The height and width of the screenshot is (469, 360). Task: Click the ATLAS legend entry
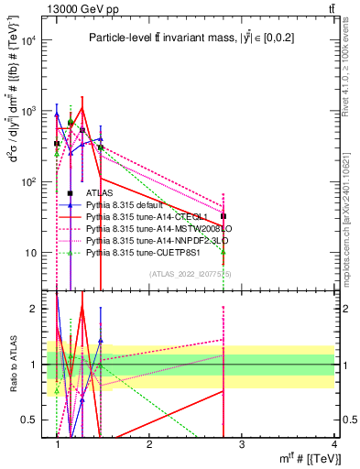[100, 193]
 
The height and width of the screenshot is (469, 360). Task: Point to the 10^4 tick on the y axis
[29, 40]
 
